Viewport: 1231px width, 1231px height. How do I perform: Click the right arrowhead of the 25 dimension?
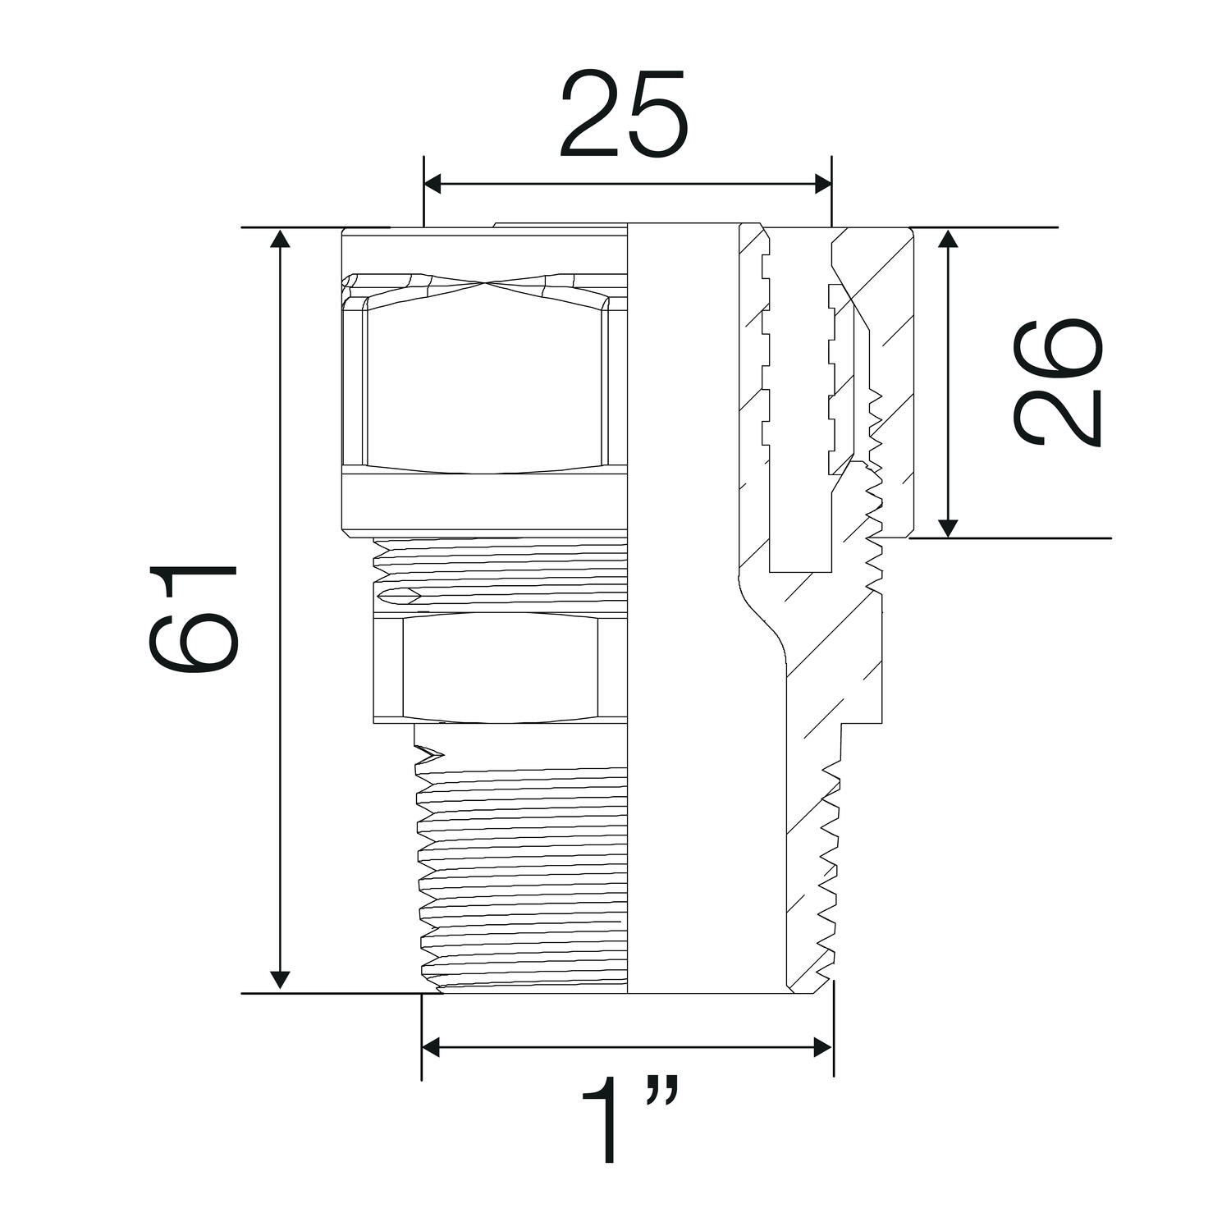[x=822, y=184]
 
